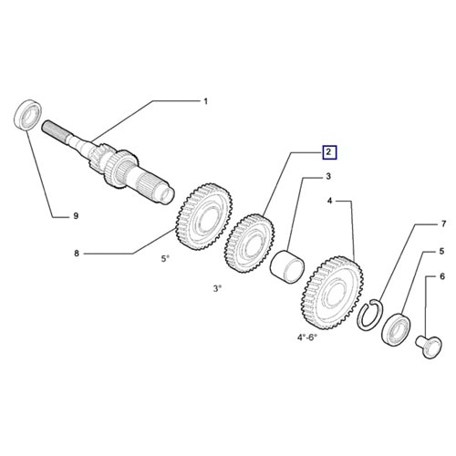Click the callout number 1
click(205, 101)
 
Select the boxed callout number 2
click(329, 152)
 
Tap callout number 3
click(328, 176)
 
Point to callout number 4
click(329, 201)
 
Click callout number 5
click(441, 251)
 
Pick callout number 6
click(441, 276)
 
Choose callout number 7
click(443, 224)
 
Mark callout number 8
click(77, 253)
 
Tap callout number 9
click(76, 216)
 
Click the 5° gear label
click(165, 259)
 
